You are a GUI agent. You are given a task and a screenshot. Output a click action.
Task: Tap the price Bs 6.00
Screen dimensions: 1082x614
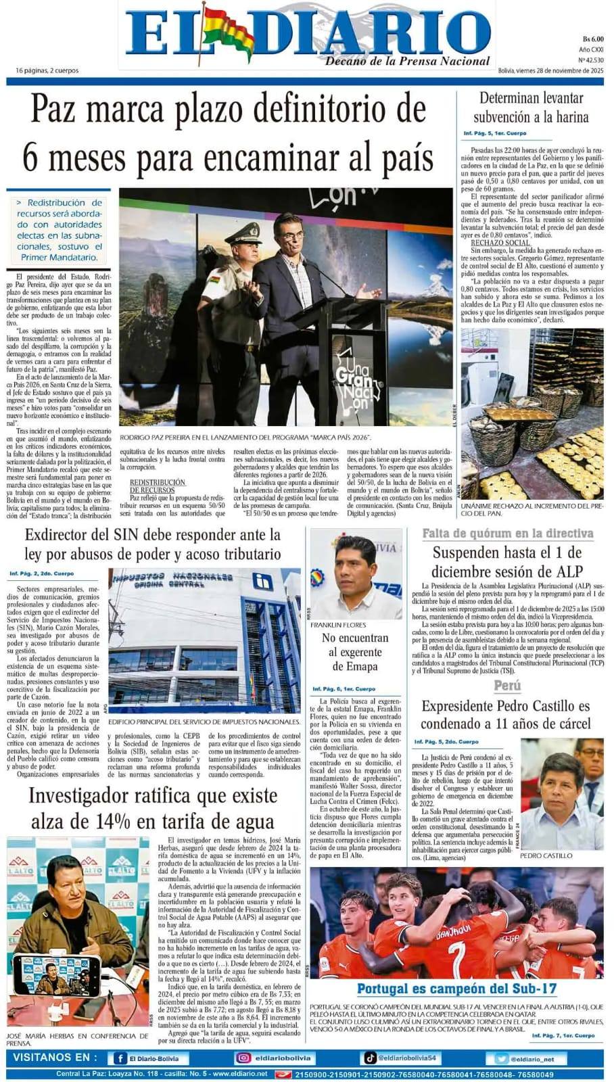592,39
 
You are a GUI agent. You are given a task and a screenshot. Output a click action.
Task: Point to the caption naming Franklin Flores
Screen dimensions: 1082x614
338,625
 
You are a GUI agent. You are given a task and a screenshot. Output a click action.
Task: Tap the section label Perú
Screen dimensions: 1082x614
507,686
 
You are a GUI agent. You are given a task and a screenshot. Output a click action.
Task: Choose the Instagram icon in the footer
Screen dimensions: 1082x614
243,1058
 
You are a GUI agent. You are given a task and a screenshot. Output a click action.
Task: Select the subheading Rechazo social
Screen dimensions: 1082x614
500,242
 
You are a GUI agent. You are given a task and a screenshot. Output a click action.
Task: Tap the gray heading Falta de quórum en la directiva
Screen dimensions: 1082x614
508,534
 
